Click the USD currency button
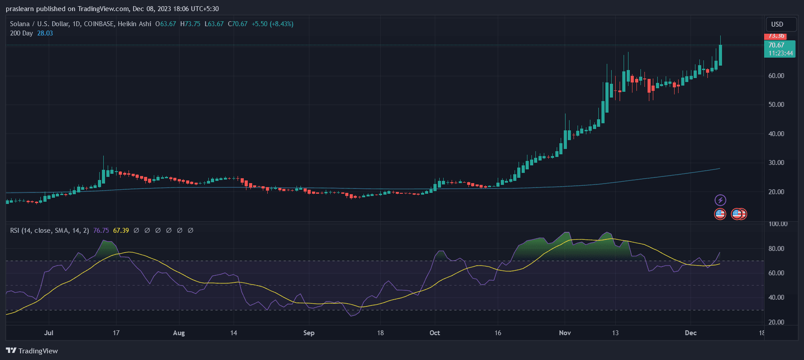pyautogui.click(x=777, y=24)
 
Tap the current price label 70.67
pyautogui.click(x=776, y=45)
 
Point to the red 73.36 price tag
pyautogui.click(x=776, y=36)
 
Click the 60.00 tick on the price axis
pyautogui.click(x=776, y=76)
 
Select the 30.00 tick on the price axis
pyautogui.click(x=776, y=163)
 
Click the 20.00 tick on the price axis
pyautogui.click(x=776, y=192)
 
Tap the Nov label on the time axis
pyautogui.click(x=565, y=333)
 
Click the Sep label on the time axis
pyautogui.click(x=309, y=333)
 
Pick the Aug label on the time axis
pyautogui.click(x=179, y=333)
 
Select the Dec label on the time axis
pyautogui.click(x=691, y=333)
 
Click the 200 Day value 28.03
pyautogui.click(x=45, y=33)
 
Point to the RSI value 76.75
pyautogui.click(x=101, y=231)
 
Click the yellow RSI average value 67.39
pyautogui.click(x=121, y=231)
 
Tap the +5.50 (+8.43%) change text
pyautogui.click(x=273, y=24)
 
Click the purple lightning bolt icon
pyautogui.click(x=720, y=200)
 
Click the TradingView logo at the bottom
pyautogui.click(x=32, y=351)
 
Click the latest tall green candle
pyautogui.click(x=720, y=55)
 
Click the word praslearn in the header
pyautogui.click(x=20, y=9)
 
